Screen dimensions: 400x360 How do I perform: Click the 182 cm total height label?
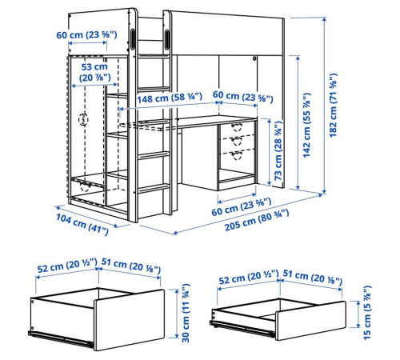333,106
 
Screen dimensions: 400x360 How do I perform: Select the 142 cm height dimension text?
306,125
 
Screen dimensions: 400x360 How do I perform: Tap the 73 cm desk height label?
278,150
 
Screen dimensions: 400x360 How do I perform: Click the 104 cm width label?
82,225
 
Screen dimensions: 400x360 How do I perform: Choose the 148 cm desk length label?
170,98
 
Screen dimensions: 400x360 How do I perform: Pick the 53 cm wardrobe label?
94,72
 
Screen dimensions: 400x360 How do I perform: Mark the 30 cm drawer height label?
186,313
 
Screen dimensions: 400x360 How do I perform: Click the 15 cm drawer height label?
367,313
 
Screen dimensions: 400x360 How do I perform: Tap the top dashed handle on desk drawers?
237,127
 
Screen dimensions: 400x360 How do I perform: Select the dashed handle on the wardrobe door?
83,119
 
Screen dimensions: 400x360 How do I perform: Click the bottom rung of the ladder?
154,188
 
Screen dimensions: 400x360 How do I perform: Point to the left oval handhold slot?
133,39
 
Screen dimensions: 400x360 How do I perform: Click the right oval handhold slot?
167,39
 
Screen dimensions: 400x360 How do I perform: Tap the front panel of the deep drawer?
129,320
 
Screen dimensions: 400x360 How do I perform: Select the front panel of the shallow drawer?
310,321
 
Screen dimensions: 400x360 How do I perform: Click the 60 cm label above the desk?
243,96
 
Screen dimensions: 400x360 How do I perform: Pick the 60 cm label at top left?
86,34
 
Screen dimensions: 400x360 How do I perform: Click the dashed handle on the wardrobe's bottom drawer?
85,186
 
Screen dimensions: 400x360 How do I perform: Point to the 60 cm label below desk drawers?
242,207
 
